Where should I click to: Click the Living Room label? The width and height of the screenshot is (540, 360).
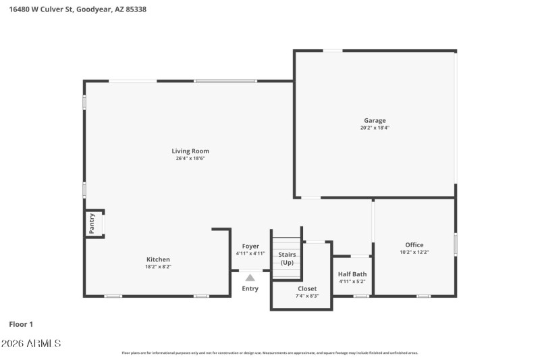coord(190,151)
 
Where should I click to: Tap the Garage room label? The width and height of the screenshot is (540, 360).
coord(375,120)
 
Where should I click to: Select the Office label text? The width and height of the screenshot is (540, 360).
coord(414,245)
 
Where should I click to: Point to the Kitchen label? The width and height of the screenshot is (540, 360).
coord(159,259)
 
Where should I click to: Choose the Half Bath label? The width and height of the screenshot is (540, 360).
coord(352,274)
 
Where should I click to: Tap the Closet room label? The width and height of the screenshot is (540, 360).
coord(307,288)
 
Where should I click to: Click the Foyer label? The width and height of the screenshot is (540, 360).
coord(250,247)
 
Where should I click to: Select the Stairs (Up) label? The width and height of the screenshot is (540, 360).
coord(287,258)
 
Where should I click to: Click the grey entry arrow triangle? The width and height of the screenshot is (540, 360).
coord(250,277)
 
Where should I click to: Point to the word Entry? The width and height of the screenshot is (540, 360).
coord(250,289)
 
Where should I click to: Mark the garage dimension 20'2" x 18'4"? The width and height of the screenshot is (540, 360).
coord(375,128)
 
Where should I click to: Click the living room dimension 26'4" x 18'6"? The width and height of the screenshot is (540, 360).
coord(190,159)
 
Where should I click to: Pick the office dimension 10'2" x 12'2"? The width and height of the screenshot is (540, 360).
coord(414,253)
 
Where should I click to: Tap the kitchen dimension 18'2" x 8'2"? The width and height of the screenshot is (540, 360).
coord(159,267)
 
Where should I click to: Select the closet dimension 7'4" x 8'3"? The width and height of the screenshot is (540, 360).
coord(307,296)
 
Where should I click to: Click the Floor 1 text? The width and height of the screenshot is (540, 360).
coord(21,324)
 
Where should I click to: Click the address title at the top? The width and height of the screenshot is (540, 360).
coord(78,10)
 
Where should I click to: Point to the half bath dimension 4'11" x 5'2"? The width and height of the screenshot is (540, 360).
coord(352,282)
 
